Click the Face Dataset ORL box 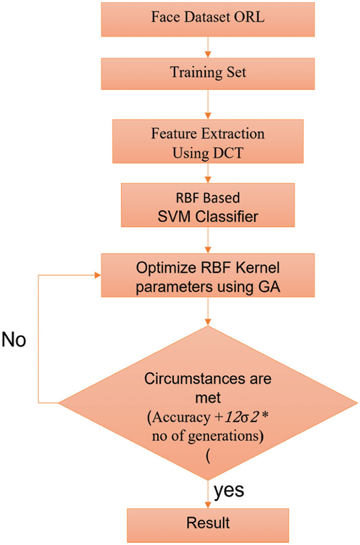click(207, 19)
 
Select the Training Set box click(207, 72)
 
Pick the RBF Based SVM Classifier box click(207, 209)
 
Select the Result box click(207, 522)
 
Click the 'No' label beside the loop click(14, 341)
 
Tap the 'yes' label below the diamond click(229, 490)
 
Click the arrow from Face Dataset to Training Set click(207, 47)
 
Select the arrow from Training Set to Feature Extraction click(207, 106)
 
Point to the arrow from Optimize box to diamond click(207, 311)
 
